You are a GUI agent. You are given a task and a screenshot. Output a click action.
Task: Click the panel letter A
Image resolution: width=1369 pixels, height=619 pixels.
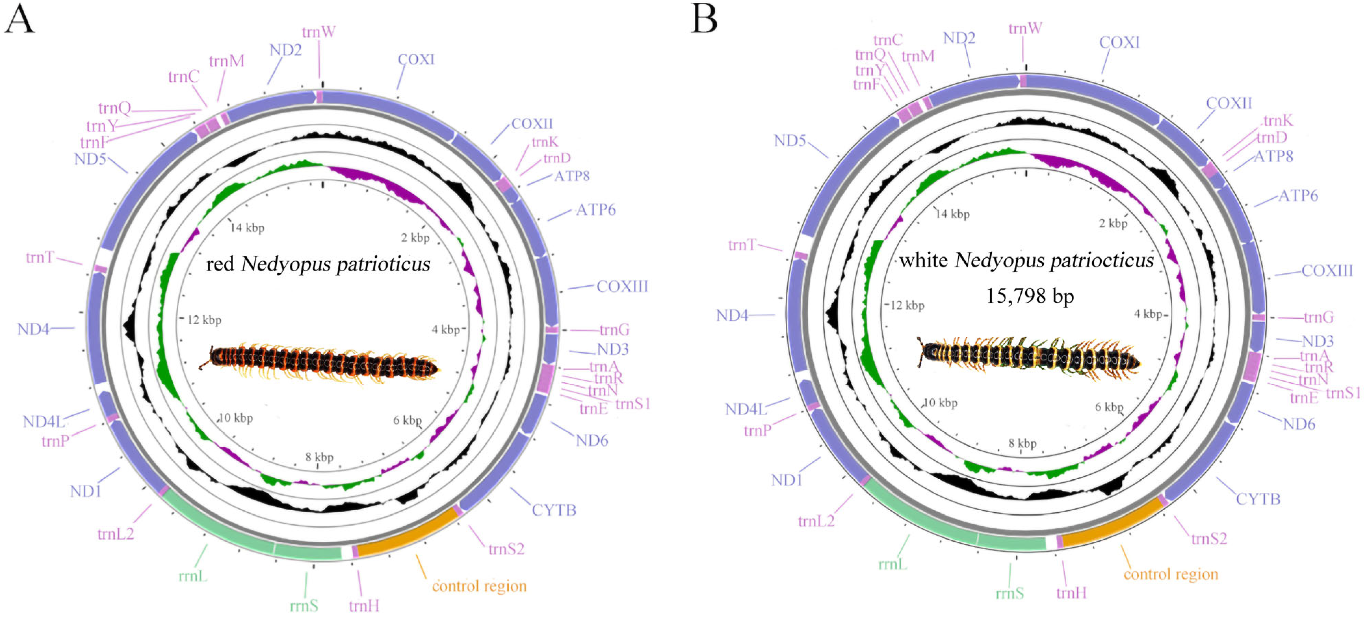[19, 19]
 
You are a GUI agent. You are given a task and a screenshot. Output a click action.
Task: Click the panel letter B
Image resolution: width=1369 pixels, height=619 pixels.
[704, 19]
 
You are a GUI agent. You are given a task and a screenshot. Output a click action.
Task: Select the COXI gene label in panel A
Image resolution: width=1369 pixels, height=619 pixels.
[416, 60]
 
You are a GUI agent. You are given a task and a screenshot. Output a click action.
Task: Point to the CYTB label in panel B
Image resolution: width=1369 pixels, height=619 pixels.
[1257, 499]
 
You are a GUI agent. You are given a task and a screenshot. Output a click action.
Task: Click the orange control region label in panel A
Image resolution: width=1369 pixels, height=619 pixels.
[479, 586]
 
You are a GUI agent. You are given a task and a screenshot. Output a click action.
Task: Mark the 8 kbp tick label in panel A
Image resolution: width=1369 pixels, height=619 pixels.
[319, 457]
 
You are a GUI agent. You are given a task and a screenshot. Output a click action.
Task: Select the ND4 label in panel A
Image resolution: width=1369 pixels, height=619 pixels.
[33, 329]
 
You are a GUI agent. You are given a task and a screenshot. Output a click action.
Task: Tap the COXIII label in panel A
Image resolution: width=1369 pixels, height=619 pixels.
[622, 286]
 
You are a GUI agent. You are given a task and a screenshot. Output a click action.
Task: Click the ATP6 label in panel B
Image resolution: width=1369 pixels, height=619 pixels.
[1298, 196]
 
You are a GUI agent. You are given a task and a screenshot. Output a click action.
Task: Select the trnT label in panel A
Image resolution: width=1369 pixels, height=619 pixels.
[40, 258]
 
